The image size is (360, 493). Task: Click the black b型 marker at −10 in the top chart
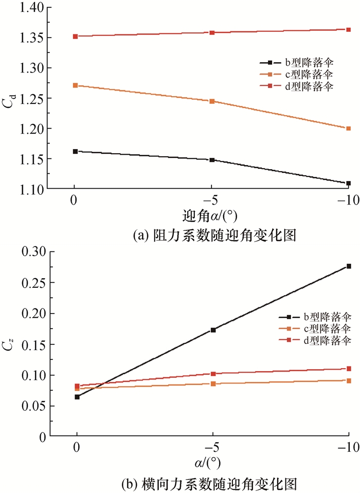(349, 183)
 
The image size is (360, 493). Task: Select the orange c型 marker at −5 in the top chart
(212, 101)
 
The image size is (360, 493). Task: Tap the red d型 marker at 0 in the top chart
(75, 36)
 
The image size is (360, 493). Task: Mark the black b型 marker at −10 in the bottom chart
(349, 266)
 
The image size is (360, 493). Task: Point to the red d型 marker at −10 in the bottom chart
(349, 369)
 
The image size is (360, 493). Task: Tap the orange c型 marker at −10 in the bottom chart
(349, 380)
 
